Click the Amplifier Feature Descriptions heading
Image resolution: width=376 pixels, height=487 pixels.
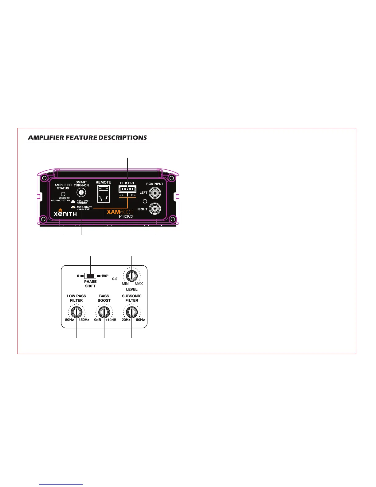click(x=88, y=138)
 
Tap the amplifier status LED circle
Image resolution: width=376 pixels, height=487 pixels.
click(x=63, y=194)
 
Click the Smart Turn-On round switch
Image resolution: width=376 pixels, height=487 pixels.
click(x=81, y=192)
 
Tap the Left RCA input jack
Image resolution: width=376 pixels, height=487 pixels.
click(x=155, y=193)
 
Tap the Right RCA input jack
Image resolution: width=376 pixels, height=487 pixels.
click(x=155, y=209)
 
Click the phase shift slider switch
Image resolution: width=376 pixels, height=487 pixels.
click(x=90, y=276)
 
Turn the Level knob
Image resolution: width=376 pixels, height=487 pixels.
click(x=131, y=275)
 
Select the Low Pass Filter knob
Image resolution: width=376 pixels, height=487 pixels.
click(x=76, y=312)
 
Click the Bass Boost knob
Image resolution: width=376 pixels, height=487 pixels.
click(x=104, y=312)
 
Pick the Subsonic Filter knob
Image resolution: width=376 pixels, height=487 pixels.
click(x=131, y=312)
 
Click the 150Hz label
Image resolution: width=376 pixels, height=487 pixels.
click(x=84, y=320)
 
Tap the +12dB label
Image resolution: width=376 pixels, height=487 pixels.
click(x=111, y=320)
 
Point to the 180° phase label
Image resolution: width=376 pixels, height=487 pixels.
click(x=105, y=276)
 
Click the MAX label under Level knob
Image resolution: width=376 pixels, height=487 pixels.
click(x=139, y=284)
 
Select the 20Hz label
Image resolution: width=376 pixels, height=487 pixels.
click(x=126, y=320)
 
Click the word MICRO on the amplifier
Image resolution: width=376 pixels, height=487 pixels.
click(x=126, y=217)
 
